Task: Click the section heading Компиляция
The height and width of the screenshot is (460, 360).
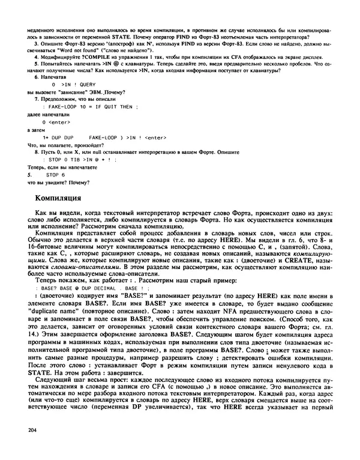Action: (62, 197)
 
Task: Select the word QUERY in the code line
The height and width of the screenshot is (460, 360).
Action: (86, 85)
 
